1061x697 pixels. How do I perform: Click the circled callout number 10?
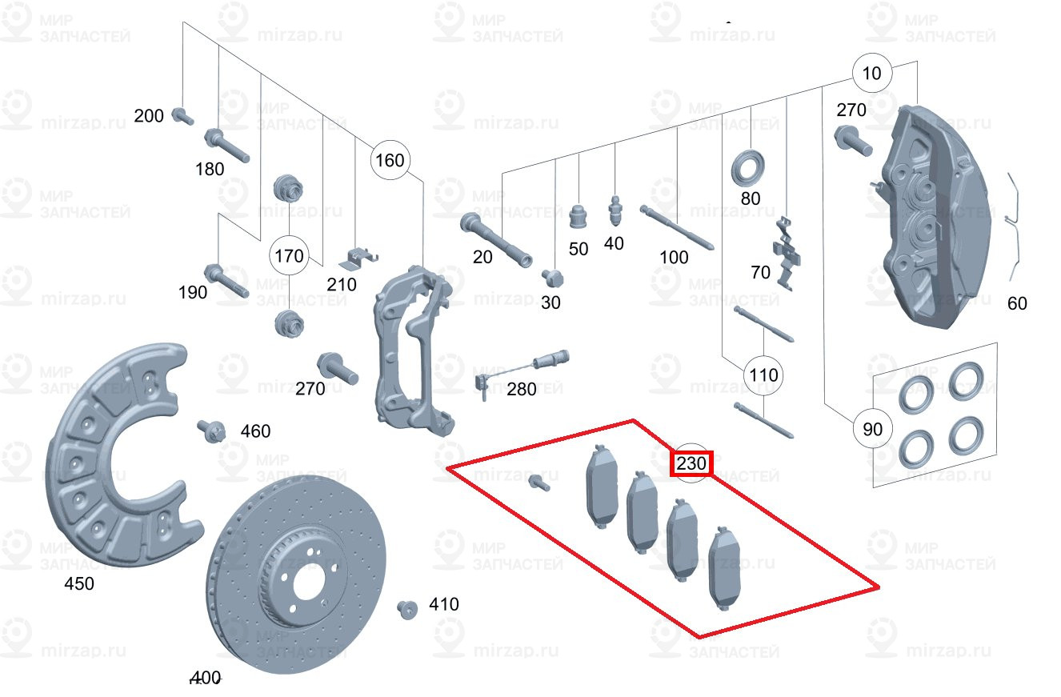(x=872, y=74)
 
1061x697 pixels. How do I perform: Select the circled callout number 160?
(x=390, y=161)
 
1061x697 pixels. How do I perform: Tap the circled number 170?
(x=289, y=256)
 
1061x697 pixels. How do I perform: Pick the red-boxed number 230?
(x=691, y=463)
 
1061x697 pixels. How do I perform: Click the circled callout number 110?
(x=763, y=375)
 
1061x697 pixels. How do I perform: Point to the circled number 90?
(x=872, y=429)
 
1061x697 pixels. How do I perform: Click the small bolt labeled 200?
(x=182, y=116)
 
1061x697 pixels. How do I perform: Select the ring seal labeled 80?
(x=750, y=166)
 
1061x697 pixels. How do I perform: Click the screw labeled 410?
(x=407, y=609)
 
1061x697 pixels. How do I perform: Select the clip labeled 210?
(x=358, y=258)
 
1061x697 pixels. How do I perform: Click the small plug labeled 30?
(x=551, y=278)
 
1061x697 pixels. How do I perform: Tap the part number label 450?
(x=78, y=584)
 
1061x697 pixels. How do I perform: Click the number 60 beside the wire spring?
(x=1017, y=303)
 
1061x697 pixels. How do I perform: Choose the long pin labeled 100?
(x=676, y=227)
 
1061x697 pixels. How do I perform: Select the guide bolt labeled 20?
(x=496, y=240)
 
